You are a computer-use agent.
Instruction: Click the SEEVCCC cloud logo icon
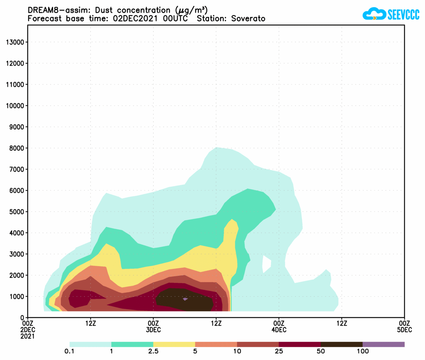point(374,14)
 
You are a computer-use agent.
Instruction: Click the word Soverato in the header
point(248,18)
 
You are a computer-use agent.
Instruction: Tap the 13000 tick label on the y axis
point(15,42)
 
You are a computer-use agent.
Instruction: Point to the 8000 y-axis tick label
point(17,148)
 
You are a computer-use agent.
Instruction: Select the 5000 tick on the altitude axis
point(17,211)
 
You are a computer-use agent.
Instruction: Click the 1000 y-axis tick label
point(17,297)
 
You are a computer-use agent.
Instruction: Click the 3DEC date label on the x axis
point(153,330)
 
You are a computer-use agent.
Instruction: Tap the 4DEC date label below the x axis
point(279,330)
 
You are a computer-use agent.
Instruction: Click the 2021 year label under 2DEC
point(28,336)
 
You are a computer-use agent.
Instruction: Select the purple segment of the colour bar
point(383,344)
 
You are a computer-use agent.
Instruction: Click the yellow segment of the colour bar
point(174,344)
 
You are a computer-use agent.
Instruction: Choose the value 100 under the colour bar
point(362,351)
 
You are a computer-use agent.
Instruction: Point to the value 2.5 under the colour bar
point(153,351)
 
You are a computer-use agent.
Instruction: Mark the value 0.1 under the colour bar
point(70,351)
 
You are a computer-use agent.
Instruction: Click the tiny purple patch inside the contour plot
point(185,299)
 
